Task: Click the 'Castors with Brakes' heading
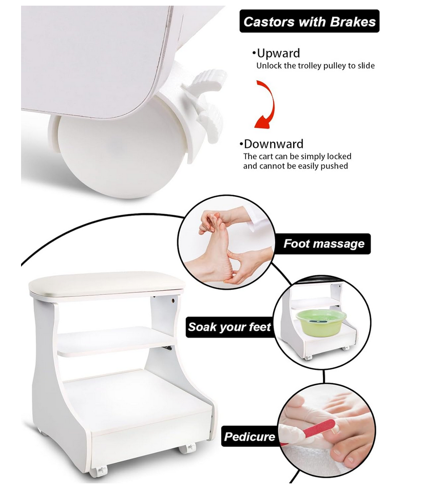pos(310,22)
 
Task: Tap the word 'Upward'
pos(278,53)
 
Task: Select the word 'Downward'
pos(273,144)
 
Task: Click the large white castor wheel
pos(122,156)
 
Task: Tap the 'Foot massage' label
pos(324,243)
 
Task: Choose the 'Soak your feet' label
pos(229,327)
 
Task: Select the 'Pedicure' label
pos(250,436)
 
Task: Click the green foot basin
pos(321,322)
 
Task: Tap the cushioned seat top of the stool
pos(107,283)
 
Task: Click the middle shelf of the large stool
pos(116,342)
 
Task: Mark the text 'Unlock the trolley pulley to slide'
pos(315,66)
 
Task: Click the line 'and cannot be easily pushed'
pos(296,166)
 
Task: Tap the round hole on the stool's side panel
pos(172,302)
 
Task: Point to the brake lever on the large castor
pos(207,100)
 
